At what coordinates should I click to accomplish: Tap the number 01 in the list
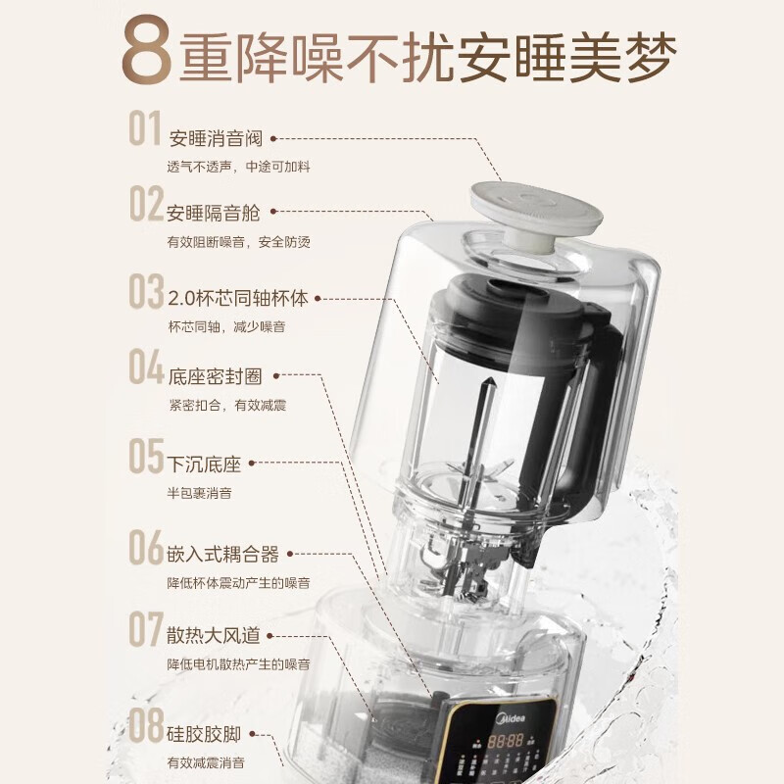pos(145,130)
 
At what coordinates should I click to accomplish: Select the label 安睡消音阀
pos(216,138)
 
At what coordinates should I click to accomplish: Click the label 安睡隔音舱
pos(214,213)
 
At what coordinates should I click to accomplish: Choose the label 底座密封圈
pos(216,376)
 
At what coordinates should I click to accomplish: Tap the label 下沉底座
pos(203,465)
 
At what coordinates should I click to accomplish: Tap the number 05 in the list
pos(145,458)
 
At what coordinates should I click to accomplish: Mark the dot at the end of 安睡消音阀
pos(272,139)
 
